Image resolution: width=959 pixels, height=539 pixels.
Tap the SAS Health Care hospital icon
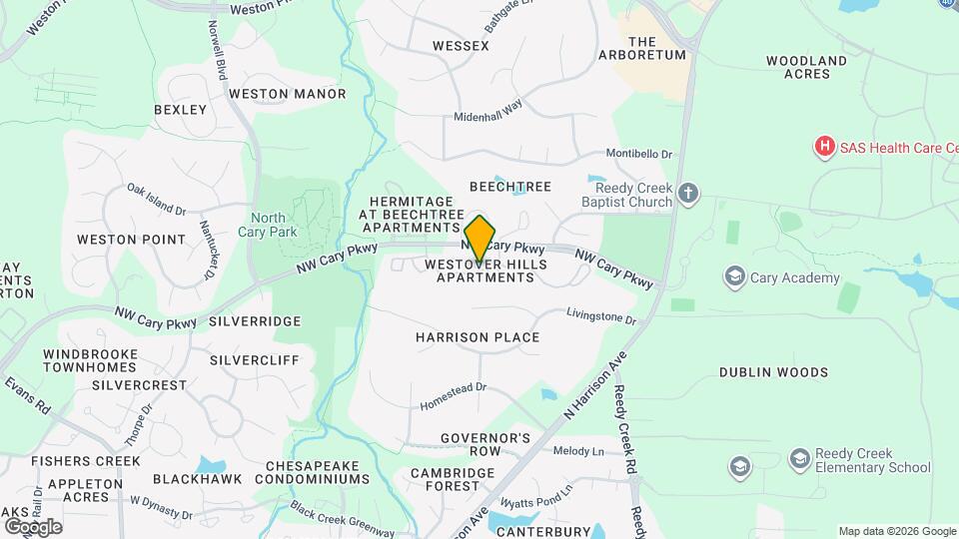(824, 148)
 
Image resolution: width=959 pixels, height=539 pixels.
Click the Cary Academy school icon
(735, 276)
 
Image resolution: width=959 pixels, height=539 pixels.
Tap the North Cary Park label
(268, 225)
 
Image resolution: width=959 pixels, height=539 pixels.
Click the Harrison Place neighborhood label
(478, 337)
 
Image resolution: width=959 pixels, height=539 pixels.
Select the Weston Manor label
(287, 94)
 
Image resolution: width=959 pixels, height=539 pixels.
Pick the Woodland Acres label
(806, 67)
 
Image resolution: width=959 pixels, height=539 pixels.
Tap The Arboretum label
(656, 48)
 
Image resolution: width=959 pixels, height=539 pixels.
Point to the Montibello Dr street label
(639, 155)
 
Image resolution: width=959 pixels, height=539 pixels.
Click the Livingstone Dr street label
(601, 317)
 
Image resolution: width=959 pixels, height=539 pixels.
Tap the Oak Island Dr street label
(157, 199)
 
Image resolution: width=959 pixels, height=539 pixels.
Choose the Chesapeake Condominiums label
(318, 472)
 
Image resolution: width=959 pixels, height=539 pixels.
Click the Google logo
(33, 526)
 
